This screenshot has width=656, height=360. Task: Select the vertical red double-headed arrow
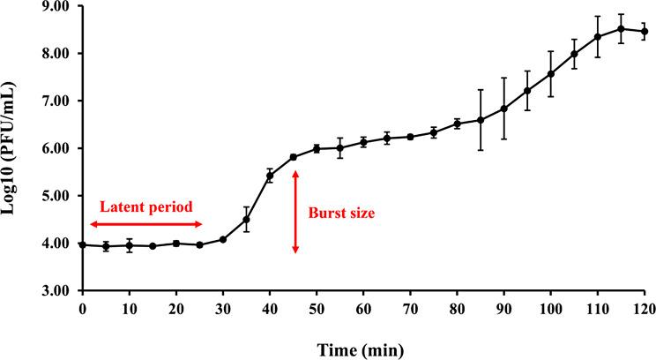[295, 212]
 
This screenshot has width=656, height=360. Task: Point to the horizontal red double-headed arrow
[145, 225]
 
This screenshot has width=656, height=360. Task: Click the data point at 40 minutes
[270, 176]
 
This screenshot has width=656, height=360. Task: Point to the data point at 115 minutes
[621, 28]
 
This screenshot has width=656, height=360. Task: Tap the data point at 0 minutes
[82, 244]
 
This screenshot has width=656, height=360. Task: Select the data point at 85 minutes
[481, 120]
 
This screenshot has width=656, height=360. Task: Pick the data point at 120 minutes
[645, 32]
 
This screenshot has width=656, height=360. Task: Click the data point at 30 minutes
[223, 239]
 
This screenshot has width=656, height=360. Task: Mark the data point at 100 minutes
[551, 73]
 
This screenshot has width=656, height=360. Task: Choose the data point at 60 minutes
[363, 142]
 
